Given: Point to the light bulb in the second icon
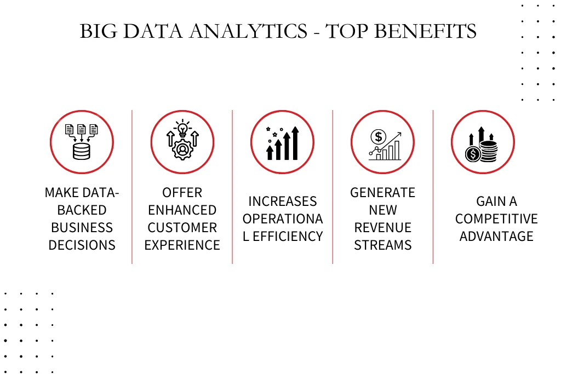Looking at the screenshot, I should (x=182, y=129).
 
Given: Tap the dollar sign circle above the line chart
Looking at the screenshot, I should (x=378, y=136).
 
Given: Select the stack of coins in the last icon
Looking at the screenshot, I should (x=488, y=151).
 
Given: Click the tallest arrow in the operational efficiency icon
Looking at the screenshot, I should (x=295, y=143).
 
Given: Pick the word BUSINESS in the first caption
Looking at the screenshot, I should (x=82, y=227).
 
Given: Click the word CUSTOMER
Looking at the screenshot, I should (x=182, y=227).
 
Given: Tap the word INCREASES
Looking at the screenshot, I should (x=283, y=202).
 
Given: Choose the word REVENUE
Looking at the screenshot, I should (x=383, y=227).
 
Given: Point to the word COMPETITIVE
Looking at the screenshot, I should (x=496, y=219).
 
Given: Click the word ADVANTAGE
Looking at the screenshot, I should (x=496, y=237).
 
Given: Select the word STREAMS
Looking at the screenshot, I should (x=383, y=245).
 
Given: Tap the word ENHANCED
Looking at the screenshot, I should (x=182, y=210).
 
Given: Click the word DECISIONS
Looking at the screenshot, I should (x=82, y=245).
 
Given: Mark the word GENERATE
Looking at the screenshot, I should (x=383, y=193).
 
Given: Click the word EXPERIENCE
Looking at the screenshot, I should (x=182, y=245).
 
